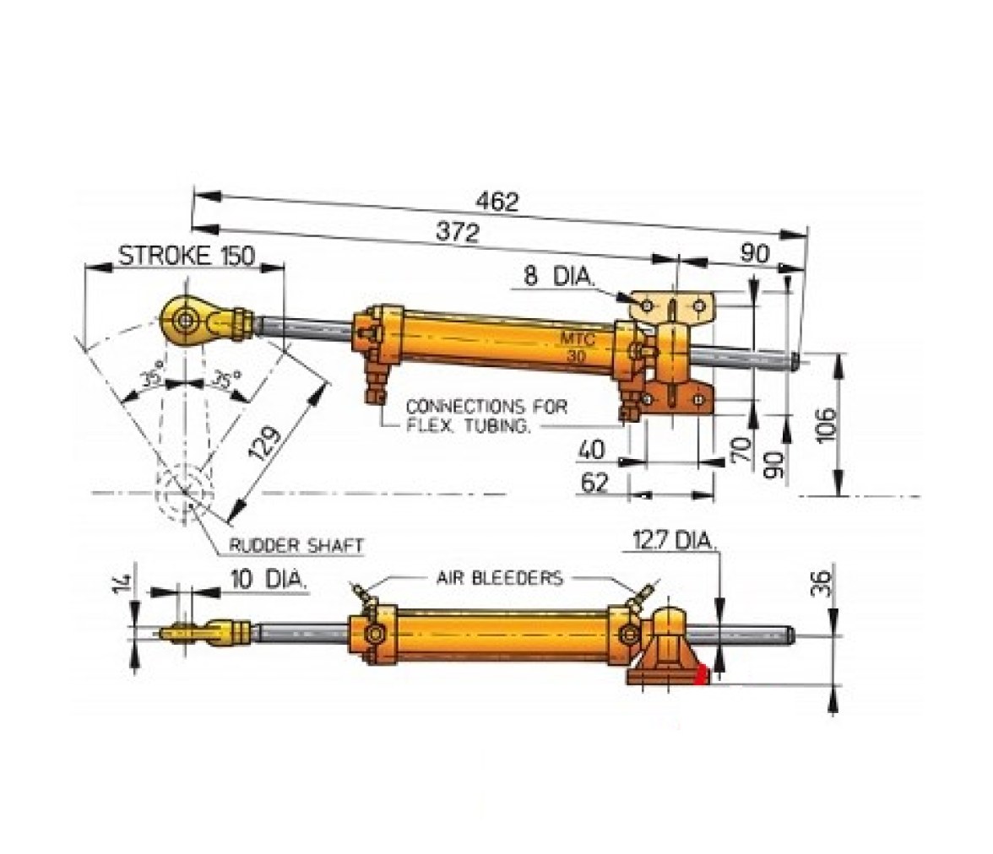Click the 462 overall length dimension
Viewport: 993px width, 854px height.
click(x=497, y=202)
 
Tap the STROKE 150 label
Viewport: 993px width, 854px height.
click(x=187, y=256)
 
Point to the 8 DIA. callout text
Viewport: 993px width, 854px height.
click(x=558, y=276)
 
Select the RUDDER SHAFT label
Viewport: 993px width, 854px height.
click(x=296, y=545)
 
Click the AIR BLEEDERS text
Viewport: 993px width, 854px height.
click(x=499, y=577)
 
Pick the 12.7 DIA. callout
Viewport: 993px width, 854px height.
click(x=674, y=541)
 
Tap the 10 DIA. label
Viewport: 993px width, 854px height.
click(x=268, y=579)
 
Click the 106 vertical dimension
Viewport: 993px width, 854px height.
click(x=827, y=424)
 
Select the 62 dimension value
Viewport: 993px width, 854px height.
click(x=594, y=483)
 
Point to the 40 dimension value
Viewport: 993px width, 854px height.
click(x=591, y=450)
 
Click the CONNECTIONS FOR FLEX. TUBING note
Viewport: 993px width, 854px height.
click(x=486, y=416)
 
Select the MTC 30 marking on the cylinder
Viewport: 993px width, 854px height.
click(x=577, y=348)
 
